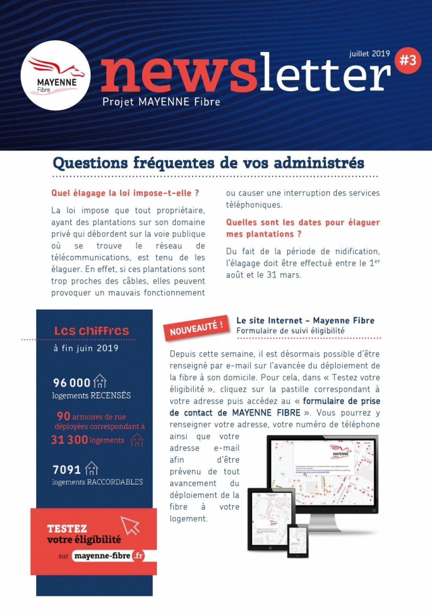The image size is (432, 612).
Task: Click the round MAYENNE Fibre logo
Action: pos(55,75)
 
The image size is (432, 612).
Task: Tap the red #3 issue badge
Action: pos(408,60)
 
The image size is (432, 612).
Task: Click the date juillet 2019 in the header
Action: pos(369,53)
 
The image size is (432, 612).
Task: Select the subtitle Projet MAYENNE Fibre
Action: pos(161,102)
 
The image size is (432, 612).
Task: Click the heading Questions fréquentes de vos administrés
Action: pos(209,163)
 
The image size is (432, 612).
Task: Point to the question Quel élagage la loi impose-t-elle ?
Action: pos(125,193)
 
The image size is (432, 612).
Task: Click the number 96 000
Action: pos(72,383)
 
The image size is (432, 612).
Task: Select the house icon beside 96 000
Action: pos(100,381)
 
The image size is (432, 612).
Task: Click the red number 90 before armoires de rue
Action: pos(63,416)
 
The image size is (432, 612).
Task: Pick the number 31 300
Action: pos(70,440)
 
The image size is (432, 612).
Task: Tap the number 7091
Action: pos(66,470)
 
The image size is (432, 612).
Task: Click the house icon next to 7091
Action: pos(92,468)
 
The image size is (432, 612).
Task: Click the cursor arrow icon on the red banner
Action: pos(130,525)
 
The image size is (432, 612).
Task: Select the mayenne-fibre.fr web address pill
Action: pos(108,556)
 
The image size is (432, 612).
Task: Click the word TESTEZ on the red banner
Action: pos(67,529)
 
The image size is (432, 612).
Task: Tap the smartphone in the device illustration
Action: pos(298,540)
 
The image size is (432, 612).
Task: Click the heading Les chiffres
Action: pos(92,331)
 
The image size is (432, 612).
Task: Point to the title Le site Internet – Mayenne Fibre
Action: pos(305,321)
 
